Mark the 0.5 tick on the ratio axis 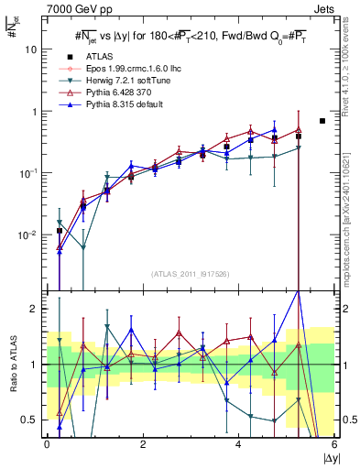[30, 420]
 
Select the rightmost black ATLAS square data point [322, 121]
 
